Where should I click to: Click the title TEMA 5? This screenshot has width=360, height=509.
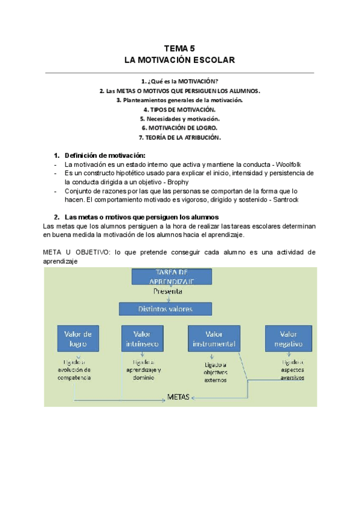click(x=179, y=49)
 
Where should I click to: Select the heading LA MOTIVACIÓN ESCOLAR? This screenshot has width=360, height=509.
click(x=179, y=60)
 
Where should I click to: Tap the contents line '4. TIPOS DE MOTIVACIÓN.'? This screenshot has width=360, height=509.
click(x=179, y=110)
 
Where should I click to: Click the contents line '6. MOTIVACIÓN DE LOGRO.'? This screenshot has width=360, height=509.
click(x=179, y=128)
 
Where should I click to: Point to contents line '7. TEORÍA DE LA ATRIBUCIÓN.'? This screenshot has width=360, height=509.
click(x=179, y=137)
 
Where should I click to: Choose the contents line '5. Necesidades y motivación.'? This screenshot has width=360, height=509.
click(x=179, y=119)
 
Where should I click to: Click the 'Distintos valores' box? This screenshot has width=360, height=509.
click(x=165, y=309)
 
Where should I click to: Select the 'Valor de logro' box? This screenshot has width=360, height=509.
click(x=78, y=339)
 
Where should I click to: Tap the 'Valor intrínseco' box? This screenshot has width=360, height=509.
click(x=142, y=339)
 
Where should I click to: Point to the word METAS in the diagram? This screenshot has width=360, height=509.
click(x=178, y=397)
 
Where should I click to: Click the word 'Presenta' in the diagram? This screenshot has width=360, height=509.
click(x=167, y=291)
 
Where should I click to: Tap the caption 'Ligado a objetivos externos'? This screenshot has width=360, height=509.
click(x=216, y=372)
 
